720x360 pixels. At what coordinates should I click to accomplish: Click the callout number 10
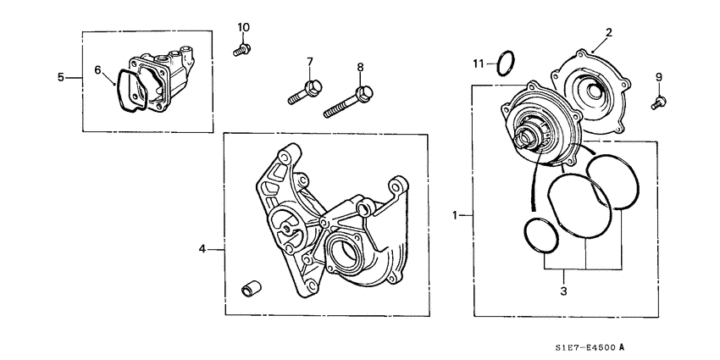click(x=243, y=28)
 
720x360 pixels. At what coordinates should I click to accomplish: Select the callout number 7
click(x=310, y=62)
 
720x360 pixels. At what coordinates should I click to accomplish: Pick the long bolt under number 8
click(x=350, y=99)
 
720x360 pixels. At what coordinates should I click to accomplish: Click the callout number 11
click(x=479, y=64)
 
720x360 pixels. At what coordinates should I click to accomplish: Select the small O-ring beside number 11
click(x=505, y=62)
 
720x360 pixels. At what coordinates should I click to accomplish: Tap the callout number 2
click(x=607, y=33)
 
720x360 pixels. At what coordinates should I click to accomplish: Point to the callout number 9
click(x=659, y=78)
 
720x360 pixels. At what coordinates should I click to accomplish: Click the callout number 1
click(x=456, y=215)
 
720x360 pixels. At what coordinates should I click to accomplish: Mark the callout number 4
click(x=202, y=249)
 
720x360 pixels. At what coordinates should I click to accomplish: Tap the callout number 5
click(x=61, y=77)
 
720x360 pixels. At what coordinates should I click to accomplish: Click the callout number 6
click(x=97, y=69)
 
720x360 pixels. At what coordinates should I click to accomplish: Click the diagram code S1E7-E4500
click(x=583, y=346)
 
